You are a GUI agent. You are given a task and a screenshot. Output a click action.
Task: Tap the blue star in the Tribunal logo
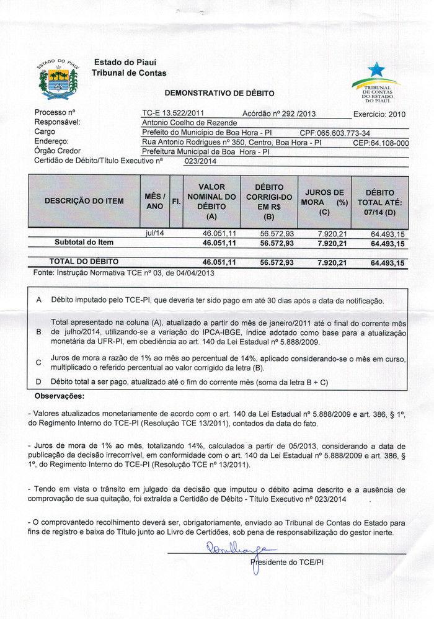(376, 69)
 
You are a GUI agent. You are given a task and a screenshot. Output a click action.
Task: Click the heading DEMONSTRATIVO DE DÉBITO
(219, 93)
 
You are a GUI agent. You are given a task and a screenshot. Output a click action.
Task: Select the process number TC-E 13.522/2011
(173, 114)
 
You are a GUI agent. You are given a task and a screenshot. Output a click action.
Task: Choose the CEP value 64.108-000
(381, 143)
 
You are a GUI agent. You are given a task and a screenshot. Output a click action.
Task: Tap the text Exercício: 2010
(379, 114)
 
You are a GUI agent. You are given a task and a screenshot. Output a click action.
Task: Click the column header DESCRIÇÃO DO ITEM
(84, 201)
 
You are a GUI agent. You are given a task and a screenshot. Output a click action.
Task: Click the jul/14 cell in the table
(153, 233)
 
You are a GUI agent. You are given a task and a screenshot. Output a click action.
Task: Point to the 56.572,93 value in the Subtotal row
(277, 244)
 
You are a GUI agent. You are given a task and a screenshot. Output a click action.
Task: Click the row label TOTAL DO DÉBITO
(84, 262)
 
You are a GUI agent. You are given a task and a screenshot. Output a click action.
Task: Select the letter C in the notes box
(38, 362)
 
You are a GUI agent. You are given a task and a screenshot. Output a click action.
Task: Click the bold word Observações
(60, 396)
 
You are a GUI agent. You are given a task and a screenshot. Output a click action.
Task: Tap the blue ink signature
(239, 550)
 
